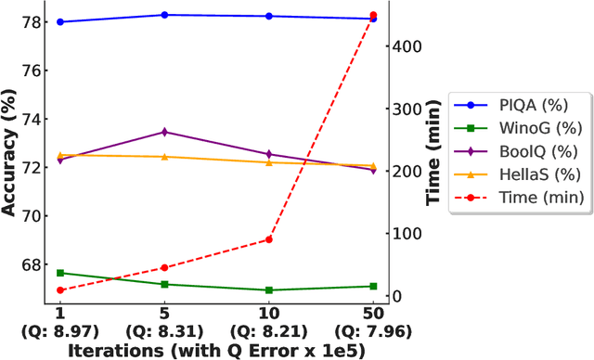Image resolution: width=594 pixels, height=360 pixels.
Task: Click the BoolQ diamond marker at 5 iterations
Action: [164, 132]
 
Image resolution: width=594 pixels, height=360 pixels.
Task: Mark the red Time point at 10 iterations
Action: [269, 239]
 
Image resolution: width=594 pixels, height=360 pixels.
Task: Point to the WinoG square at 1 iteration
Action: [60, 273]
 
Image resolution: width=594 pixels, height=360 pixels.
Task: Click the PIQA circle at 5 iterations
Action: [164, 15]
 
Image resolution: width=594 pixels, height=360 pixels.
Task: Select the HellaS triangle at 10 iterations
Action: [269, 162]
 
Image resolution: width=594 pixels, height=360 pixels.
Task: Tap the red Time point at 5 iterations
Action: [164, 268]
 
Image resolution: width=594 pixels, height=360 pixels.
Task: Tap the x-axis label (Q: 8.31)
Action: [164, 330]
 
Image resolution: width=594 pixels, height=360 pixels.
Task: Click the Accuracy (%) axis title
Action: [10, 153]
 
